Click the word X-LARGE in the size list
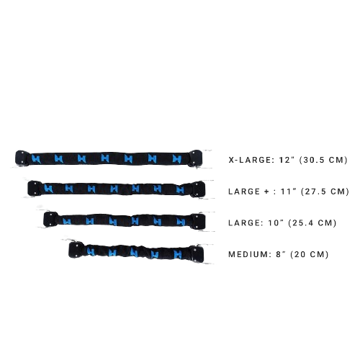pyautogui.click(x=251, y=160)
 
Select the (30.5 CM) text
pyautogui.click(x=323, y=160)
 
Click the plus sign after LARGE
pyautogui.click(x=266, y=192)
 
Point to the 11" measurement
pyautogui.click(x=289, y=192)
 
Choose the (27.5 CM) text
pyautogui.click(x=325, y=192)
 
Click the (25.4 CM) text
pyautogui.click(x=312, y=223)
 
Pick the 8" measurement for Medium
pyautogui.click(x=281, y=254)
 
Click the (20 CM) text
pyautogui.click(x=310, y=254)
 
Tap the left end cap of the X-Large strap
pyautogui.click(x=22, y=158)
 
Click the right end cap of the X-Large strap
pyautogui.click(x=194, y=158)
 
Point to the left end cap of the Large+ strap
pyautogui.click(x=35, y=189)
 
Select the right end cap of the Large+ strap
pyautogui.click(x=198, y=189)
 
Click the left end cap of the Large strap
pyautogui.click(x=50, y=219)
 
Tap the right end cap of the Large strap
pyautogui.click(x=198, y=221)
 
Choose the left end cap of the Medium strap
pyautogui.click(x=76, y=250)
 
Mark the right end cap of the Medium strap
pyautogui.click(x=197, y=253)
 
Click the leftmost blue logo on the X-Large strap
pyautogui.click(x=36, y=158)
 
